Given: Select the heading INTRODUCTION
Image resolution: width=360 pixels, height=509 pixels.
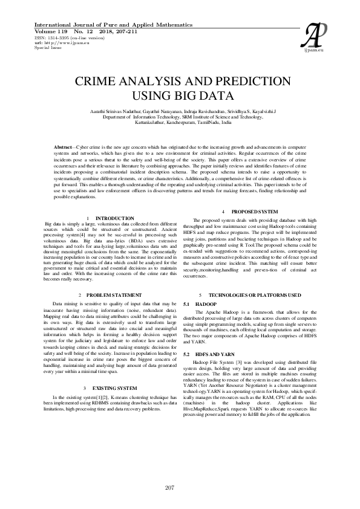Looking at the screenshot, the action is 115,218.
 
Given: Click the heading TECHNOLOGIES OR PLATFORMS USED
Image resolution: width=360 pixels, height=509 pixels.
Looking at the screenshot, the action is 263,294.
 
